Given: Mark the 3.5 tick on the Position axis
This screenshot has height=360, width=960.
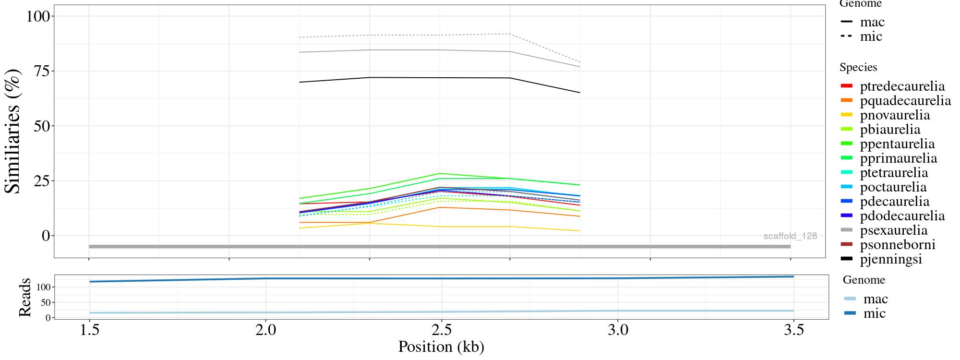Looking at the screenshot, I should click(x=793, y=330).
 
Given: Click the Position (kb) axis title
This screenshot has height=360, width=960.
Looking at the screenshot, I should click(x=441, y=347).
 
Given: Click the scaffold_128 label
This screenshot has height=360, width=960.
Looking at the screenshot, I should click(x=790, y=236).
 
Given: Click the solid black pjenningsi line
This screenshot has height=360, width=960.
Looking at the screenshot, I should click(x=440, y=78).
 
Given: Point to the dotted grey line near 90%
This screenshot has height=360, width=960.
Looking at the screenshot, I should click(x=440, y=35).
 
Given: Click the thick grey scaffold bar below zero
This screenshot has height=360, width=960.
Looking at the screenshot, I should click(x=440, y=247).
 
